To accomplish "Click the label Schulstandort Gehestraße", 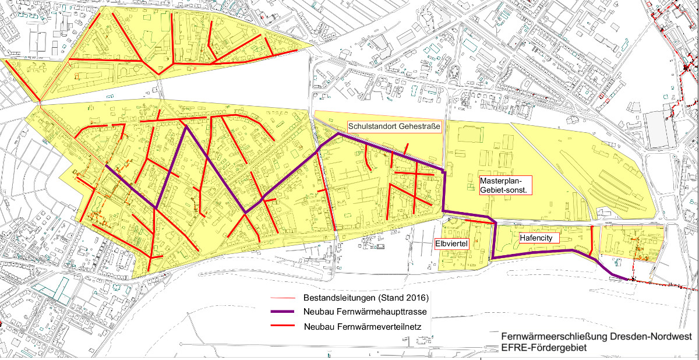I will [394, 126].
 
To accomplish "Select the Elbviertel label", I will [452, 243].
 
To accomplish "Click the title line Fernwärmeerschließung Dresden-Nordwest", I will [596, 337].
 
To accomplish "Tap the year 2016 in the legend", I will [415, 298].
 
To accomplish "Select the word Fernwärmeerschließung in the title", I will [552, 337].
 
